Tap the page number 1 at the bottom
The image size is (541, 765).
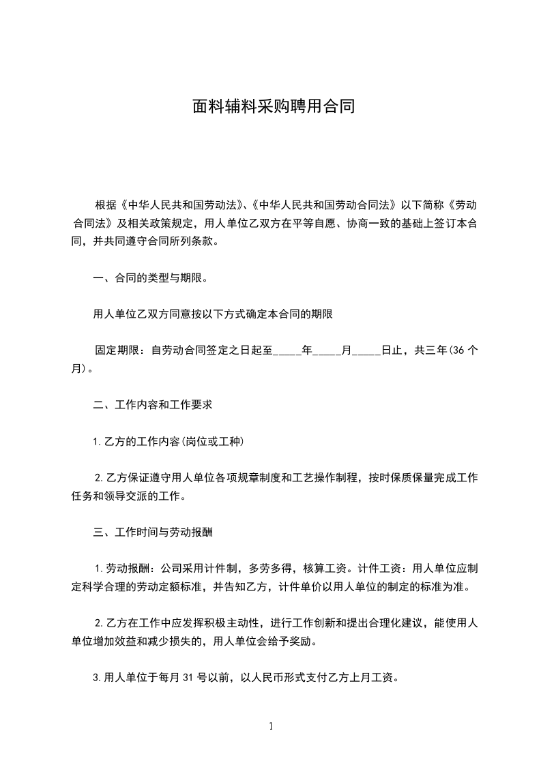pos(271,726)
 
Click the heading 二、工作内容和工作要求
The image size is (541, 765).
pos(153,404)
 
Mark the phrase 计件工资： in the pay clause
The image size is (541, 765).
pos(383,568)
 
